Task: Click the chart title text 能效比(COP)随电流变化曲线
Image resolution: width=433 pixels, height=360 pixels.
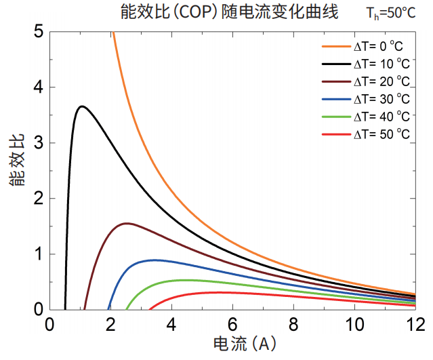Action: pyautogui.click(x=230, y=12)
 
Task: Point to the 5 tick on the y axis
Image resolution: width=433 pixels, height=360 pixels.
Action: pyautogui.click(x=37, y=31)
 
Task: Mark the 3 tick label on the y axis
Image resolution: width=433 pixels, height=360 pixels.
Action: pyautogui.click(x=37, y=142)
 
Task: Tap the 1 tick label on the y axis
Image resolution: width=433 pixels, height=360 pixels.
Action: pyautogui.click(x=37, y=254)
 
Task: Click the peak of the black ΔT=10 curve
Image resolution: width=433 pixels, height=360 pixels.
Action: pyautogui.click(x=81, y=106)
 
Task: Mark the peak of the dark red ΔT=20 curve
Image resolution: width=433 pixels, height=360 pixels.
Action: pyautogui.click(x=126, y=223)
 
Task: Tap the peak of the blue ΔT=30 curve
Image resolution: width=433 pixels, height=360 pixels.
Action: pyautogui.click(x=155, y=260)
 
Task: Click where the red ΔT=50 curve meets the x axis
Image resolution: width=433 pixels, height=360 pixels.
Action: pyautogui.click(x=148, y=309)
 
